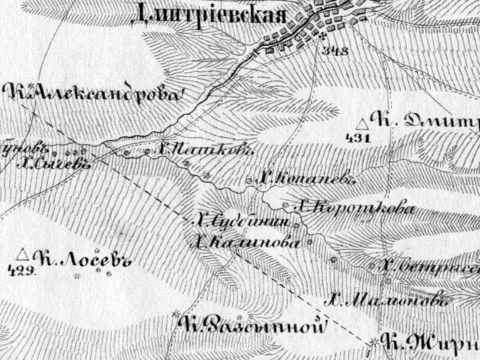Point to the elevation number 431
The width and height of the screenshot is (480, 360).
click(359, 138)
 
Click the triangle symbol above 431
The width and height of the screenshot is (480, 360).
click(362, 124)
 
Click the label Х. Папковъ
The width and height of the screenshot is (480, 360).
click(203, 150)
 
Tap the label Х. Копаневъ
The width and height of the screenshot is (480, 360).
click(306, 178)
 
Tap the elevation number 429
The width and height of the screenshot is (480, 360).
click(22, 269)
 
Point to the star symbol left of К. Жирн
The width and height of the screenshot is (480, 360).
click(374, 341)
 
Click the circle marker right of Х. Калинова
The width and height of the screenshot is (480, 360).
click(310, 242)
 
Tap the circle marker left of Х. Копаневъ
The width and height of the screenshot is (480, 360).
click(250, 179)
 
